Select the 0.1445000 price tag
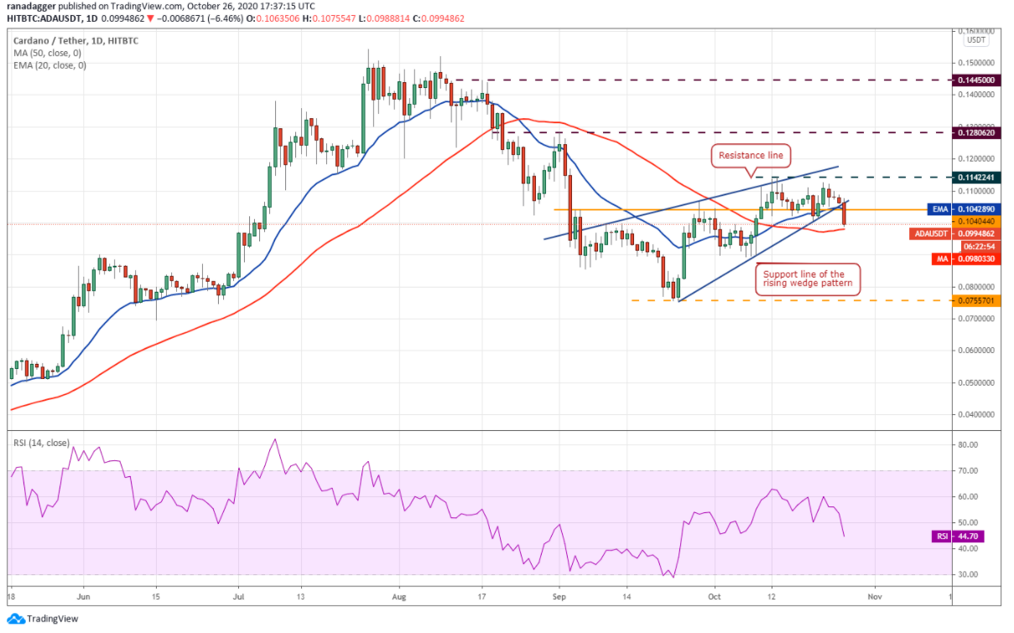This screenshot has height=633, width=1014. pyautogui.click(x=975, y=80)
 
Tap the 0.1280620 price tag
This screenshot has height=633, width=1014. pyautogui.click(x=975, y=132)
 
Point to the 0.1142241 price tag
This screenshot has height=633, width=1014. pyautogui.click(x=975, y=177)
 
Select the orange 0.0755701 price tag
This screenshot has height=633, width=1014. pyautogui.click(x=975, y=300)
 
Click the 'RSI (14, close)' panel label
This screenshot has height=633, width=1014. pyautogui.click(x=40, y=444)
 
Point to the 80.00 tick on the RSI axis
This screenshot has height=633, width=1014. pyautogui.click(x=968, y=445)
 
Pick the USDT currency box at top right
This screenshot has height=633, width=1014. pyautogui.click(x=975, y=39)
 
